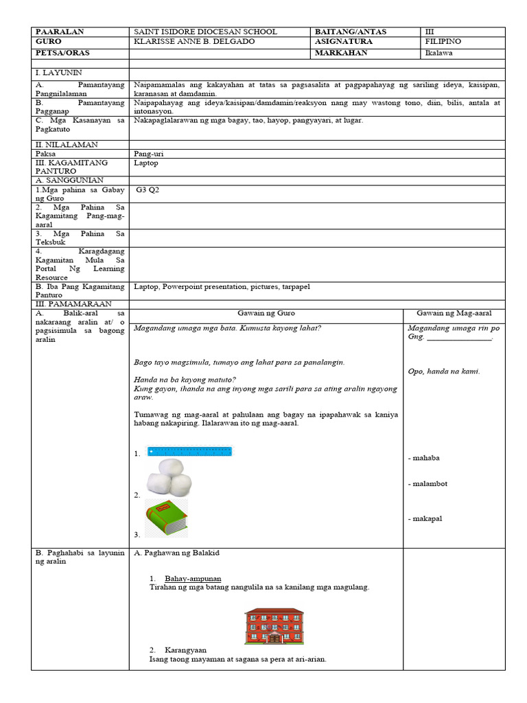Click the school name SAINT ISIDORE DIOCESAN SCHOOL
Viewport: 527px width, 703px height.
(x=206, y=32)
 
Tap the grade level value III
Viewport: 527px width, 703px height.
(x=430, y=32)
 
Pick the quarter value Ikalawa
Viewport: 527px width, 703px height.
(x=438, y=53)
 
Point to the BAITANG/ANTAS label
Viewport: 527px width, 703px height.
(x=351, y=32)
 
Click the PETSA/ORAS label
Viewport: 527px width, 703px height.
(x=62, y=53)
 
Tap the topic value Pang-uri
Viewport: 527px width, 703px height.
(x=150, y=154)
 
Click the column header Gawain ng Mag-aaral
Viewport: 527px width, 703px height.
(x=454, y=313)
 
